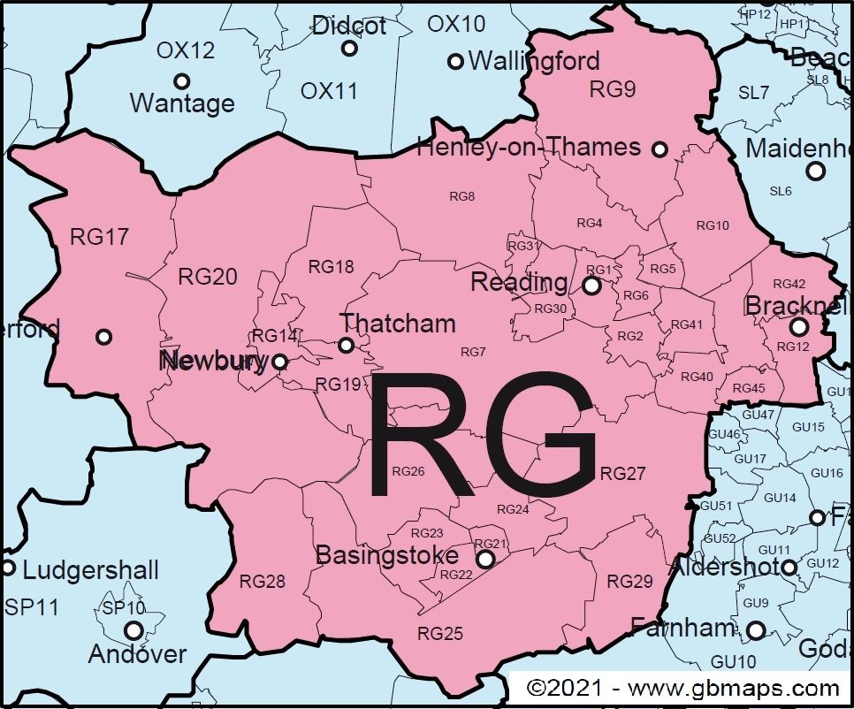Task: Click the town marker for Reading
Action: [591, 286]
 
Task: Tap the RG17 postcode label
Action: [100, 237]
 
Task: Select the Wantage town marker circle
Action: [181, 81]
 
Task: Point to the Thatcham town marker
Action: [346, 345]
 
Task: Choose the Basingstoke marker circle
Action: [484, 560]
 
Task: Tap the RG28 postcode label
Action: [263, 582]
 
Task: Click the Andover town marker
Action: [133, 630]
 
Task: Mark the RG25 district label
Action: [440, 634]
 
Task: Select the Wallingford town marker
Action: [455, 61]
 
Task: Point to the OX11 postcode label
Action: [328, 91]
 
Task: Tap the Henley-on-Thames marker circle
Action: [660, 149]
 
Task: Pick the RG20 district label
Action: [208, 277]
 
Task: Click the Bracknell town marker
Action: [798, 326]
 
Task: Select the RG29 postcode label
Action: [629, 582]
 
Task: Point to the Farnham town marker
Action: [757, 630]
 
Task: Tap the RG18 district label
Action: [331, 267]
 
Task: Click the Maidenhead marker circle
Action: [815, 171]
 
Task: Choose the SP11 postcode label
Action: [31, 607]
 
